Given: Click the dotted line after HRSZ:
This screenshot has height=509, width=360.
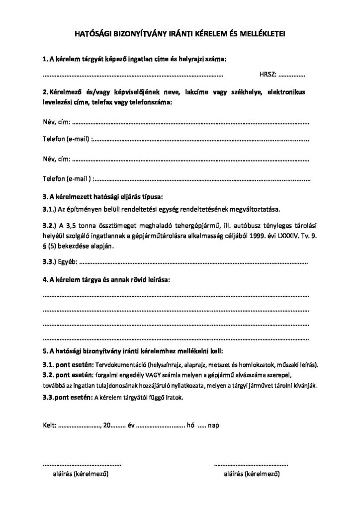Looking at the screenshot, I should coord(292,76).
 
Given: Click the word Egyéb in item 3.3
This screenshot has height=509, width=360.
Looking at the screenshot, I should coord(68,262).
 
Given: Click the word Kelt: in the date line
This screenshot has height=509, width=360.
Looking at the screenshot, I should coord(50,426).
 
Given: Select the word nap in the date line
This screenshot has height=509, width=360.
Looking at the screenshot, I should coord(214,426).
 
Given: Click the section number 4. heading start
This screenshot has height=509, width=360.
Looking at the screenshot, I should coord(45,280).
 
